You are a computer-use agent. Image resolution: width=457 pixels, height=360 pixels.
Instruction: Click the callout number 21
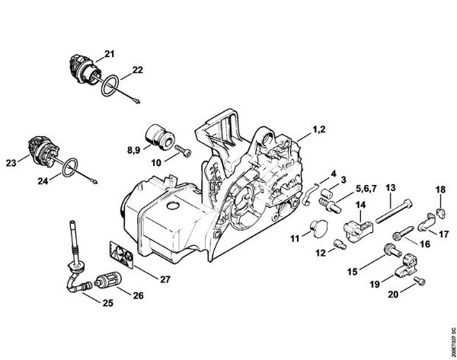coord(109,53)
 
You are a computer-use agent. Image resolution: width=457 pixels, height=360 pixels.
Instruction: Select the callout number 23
coord(11,161)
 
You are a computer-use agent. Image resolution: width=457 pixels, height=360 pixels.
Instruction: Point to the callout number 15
coord(353,272)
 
